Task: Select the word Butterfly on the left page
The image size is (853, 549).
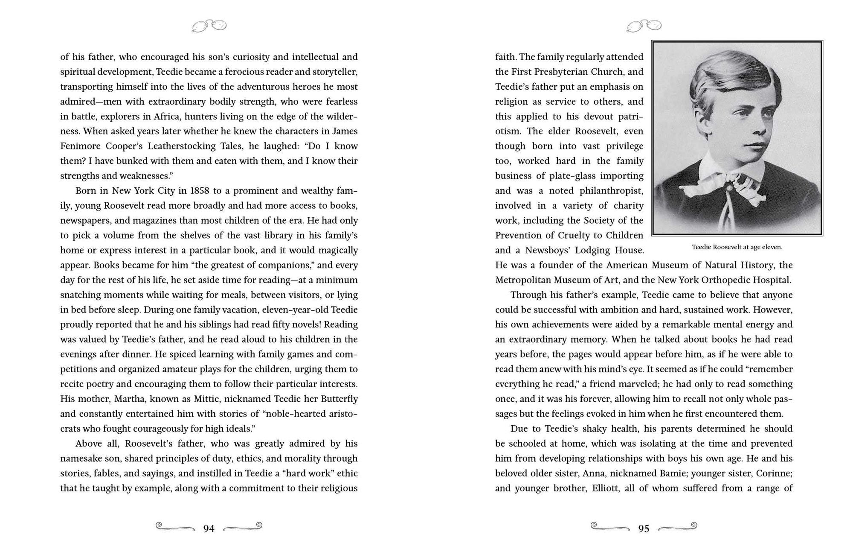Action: pyautogui.click(x=337, y=399)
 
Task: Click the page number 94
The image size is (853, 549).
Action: pyautogui.click(x=209, y=529)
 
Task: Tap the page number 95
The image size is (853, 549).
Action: pyautogui.click(x=644, y=529)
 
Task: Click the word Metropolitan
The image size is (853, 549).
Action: pyautogui.click(x=524, y=280)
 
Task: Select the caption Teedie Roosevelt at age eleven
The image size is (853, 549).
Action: pyautogui.click(x=737, y=247)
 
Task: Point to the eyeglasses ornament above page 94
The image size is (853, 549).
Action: pyautogui.click(x=209, y=26)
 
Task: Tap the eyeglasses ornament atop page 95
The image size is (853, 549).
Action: pyautogui.click(x=644, y=26)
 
